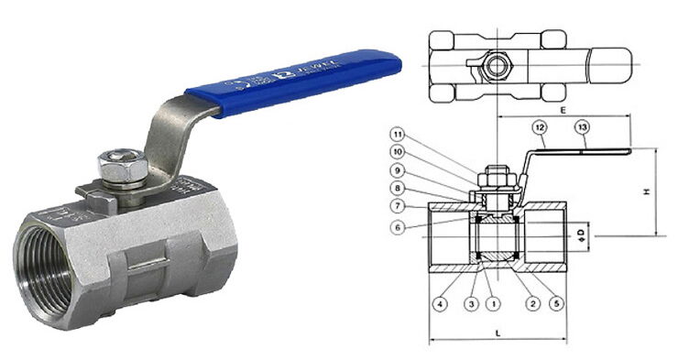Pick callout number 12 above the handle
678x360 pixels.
pyautogui.click(x=541, y=128)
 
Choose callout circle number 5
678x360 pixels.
pyautogui.click(x=555, y=303)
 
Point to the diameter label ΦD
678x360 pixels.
pyautogui.click(x=580, y=236)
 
